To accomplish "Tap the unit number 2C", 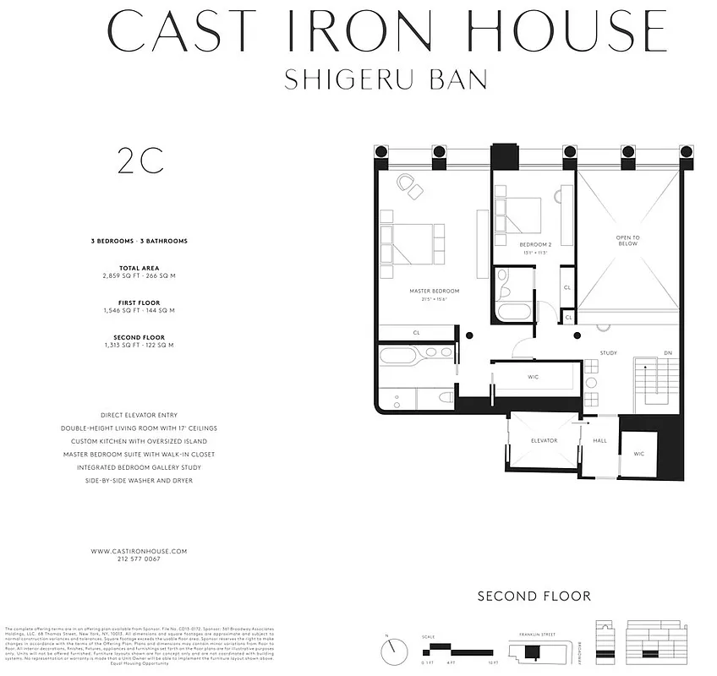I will [140, 161].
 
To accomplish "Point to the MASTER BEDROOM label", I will [428, 292].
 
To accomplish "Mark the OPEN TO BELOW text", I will [627, 241].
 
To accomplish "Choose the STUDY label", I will [609, 352].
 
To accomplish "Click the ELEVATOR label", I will [544, 440].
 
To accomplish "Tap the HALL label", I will [599, 440].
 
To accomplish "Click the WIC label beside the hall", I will [638, 454].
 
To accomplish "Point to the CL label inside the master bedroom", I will [416, 333].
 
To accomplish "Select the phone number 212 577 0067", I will [139, 559].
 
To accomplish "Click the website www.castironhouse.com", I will [139, 551].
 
